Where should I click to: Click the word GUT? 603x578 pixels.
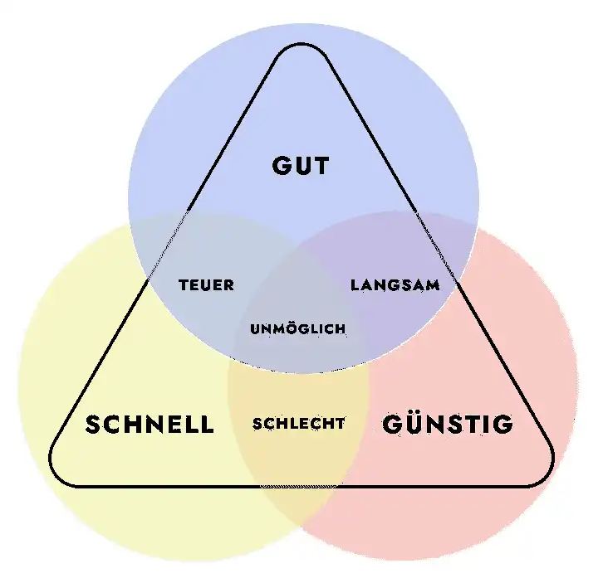click(x=301, y=166)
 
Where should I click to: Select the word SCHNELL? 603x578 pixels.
click(x=150, y=424)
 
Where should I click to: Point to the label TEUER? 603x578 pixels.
click(x=207, y=285)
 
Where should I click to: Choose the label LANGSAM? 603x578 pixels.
click(x=395, y=285)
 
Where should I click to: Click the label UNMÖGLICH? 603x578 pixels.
click(x=298, y=328)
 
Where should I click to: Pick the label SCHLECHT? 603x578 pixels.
click(x=299, y=423)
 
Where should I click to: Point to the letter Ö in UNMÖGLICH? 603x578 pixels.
click(x=298, y=328)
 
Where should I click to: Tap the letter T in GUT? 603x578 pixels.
click(x=321, y=166)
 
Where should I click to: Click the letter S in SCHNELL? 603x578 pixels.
click(x=92, y=425)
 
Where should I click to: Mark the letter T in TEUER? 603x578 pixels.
click(x=184, y=285)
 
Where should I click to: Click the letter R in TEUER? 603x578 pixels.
click(x=229, y=285)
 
